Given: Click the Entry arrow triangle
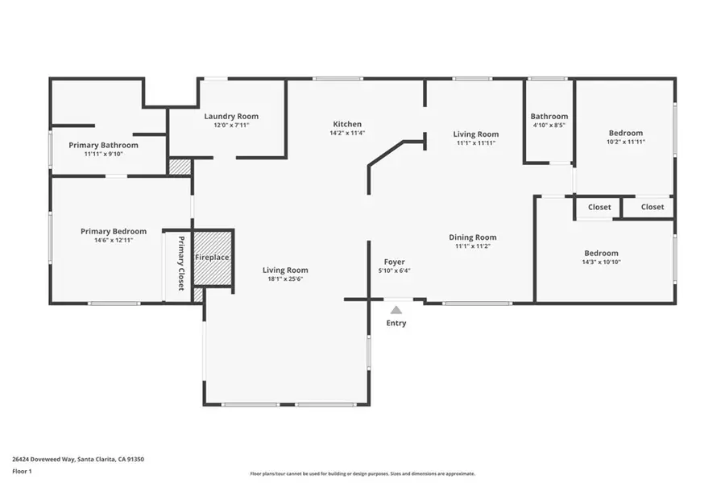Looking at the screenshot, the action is (x=396, y=310).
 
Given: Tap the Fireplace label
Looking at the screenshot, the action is (x=212, y=257).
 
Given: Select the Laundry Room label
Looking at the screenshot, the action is (x=231, y=117).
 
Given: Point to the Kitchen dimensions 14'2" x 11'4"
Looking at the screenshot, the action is (x=347, y=133).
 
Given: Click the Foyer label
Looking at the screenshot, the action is (x=395, y=262).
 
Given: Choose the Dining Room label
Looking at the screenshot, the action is (x=473, y=237).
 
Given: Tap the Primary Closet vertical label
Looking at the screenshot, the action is (x=181, y=263).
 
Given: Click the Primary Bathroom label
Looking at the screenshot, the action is (x=104, y=145).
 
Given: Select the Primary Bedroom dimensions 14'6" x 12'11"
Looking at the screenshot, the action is (x=114, y=241).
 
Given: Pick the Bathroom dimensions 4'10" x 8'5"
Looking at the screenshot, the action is (x=549, y=126).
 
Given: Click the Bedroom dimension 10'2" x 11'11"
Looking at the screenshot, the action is (x=626, y=142).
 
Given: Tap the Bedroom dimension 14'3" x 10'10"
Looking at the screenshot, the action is (x=601, y=262).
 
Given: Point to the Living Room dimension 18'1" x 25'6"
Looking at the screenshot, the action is (x=285, y=279).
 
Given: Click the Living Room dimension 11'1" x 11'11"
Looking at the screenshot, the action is (x=476, y=143).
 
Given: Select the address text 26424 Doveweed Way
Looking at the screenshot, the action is (x=43, y=460).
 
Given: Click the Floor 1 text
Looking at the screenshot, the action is (x=22, y=472).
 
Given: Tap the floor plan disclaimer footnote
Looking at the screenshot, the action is (x=362, y=474).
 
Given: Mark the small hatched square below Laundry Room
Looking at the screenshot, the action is (x=180, y=167).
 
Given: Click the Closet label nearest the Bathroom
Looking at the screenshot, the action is (x=599, y=208).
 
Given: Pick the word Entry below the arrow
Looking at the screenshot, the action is (x=396, y=323).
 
